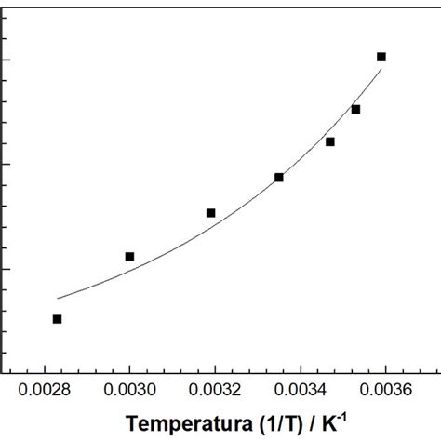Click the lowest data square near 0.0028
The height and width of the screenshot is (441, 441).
click(58, 319)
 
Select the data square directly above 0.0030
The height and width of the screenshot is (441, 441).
click(130, 256)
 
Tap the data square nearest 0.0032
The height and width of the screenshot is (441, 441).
click(211, 213)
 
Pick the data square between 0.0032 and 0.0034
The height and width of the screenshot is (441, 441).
click(279, 177)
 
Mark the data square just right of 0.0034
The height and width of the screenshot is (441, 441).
click(330, 141)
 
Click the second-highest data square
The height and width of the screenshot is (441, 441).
click(355, 109)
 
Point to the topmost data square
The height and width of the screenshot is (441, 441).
click(381, 57)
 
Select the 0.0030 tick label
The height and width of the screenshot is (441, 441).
click(130, 393)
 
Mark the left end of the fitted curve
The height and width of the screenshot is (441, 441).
click(58, 299)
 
